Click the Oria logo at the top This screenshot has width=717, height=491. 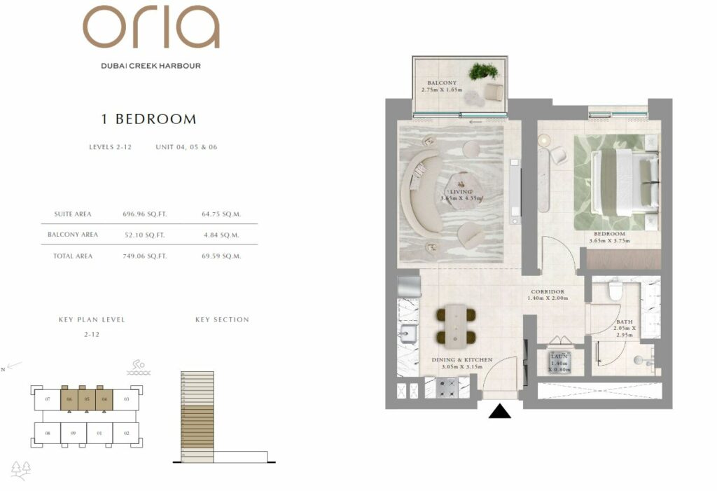151,28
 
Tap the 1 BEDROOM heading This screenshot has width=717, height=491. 148,119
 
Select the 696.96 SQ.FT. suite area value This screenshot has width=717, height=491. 144,214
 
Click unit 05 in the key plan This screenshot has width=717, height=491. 86,399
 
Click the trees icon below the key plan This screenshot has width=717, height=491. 21,470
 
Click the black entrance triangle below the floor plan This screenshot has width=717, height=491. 499,411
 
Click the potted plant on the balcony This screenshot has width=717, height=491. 483,71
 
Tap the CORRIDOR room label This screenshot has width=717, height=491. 547,291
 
